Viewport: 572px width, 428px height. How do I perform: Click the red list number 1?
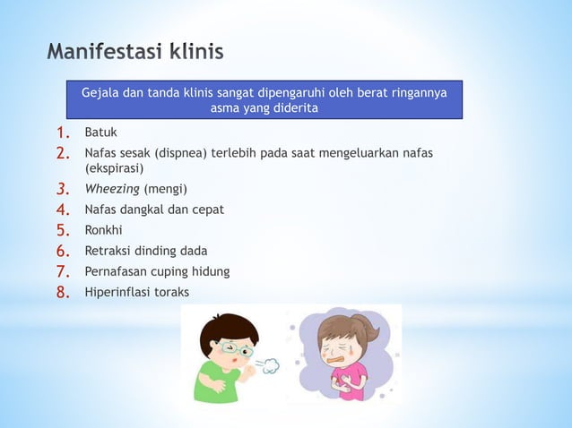click(x=63, y=133)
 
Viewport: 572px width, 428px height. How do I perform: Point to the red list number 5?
click(x=63, y=229)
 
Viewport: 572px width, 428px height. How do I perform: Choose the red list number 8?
click(x=63, y=292)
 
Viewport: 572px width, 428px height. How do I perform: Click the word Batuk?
click(x=100, y=133)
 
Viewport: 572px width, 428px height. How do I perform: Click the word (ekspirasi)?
click(x=114, y=167)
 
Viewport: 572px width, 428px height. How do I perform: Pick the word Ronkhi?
click(x=103, y=229)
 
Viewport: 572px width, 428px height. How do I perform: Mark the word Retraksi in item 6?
click(x=108, y=251)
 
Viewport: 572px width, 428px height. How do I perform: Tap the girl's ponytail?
click(x=368, y=332)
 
